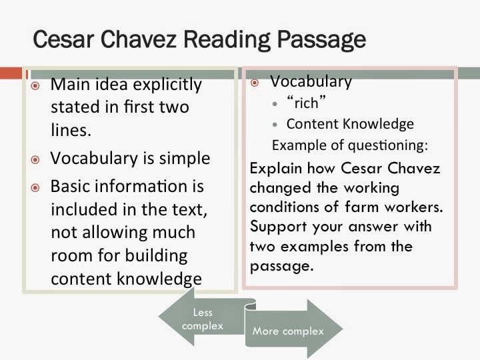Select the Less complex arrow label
click(202, 319)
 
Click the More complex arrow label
click(287, 331)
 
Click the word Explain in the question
click(275, 169)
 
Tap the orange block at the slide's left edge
click(11, 71)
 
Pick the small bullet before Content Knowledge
click(276, 125)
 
